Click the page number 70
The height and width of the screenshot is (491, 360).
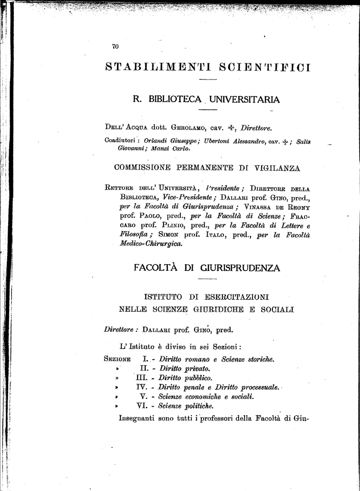[x=115, y=47]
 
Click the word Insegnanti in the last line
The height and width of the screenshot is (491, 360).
[x=140, y=418]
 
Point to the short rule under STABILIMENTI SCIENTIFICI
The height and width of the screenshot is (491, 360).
[x=207, y=79]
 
